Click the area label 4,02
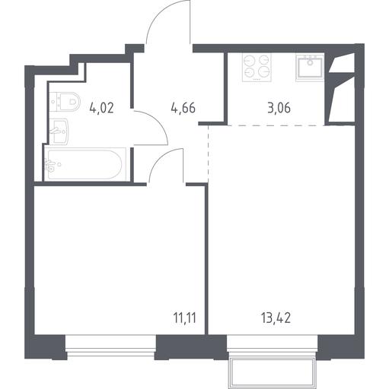pyautogui.click(x=101, y=108)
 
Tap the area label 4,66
pyautogui.click(x=183, y=108)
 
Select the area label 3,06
pyautogui.click(x=279, y=108)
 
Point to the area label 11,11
pyautogui.click(x=185, y=318)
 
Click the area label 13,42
pyautogui.click(x=276, y=318)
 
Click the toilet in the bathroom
pyautogui.click(x=65, y=102)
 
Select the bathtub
pyautogui.click(x=85, y=165)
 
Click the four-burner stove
pyautogui.click(x=257, y=67)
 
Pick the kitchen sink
pyautogui.click(x=310, y=67)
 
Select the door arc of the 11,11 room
pyautogui.click(x=158, y=157)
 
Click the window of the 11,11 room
pyautogui.click(x=111, y=346)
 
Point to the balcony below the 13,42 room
pyautogui.click(x=273, y=372)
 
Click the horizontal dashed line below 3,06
pyautogui.click(x=276, y=125)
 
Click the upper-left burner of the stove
pyautogui.click(x=249, y=61)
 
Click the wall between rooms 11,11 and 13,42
pyautogui.click(x=206, y=260)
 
